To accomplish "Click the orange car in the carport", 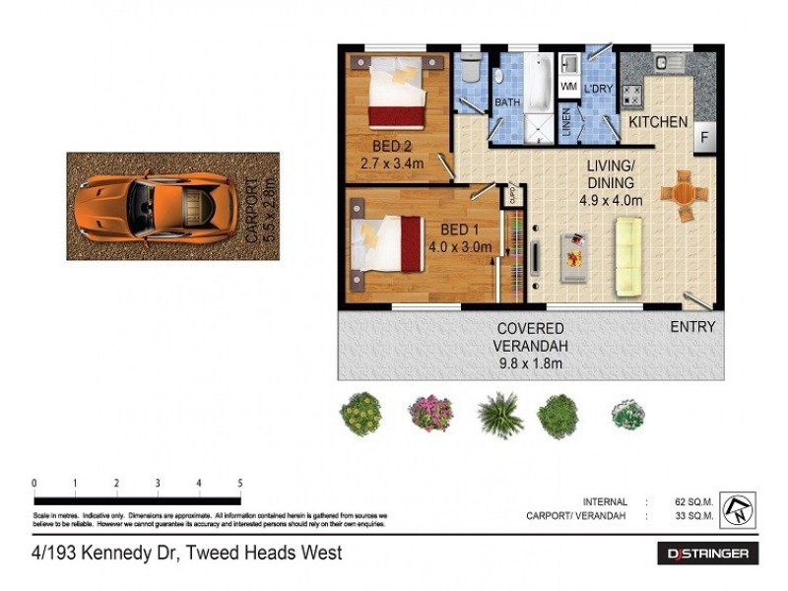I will [154, 206].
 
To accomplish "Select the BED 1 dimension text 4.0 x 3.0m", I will [459, 247].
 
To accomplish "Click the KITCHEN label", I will [658, 122].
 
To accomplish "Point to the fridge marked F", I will [705, 137].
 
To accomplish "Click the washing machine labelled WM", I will [568, 87].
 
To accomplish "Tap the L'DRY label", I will [599, 89].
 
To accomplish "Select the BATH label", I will [507, 102].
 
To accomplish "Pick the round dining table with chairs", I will [682, 195].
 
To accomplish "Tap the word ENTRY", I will [692, 327].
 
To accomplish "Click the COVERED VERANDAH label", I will [530, 337].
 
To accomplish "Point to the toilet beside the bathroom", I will [471, 70].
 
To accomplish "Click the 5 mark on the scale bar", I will [240, 483].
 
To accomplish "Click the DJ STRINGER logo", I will [707, 554].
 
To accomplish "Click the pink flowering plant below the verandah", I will [430, 412].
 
